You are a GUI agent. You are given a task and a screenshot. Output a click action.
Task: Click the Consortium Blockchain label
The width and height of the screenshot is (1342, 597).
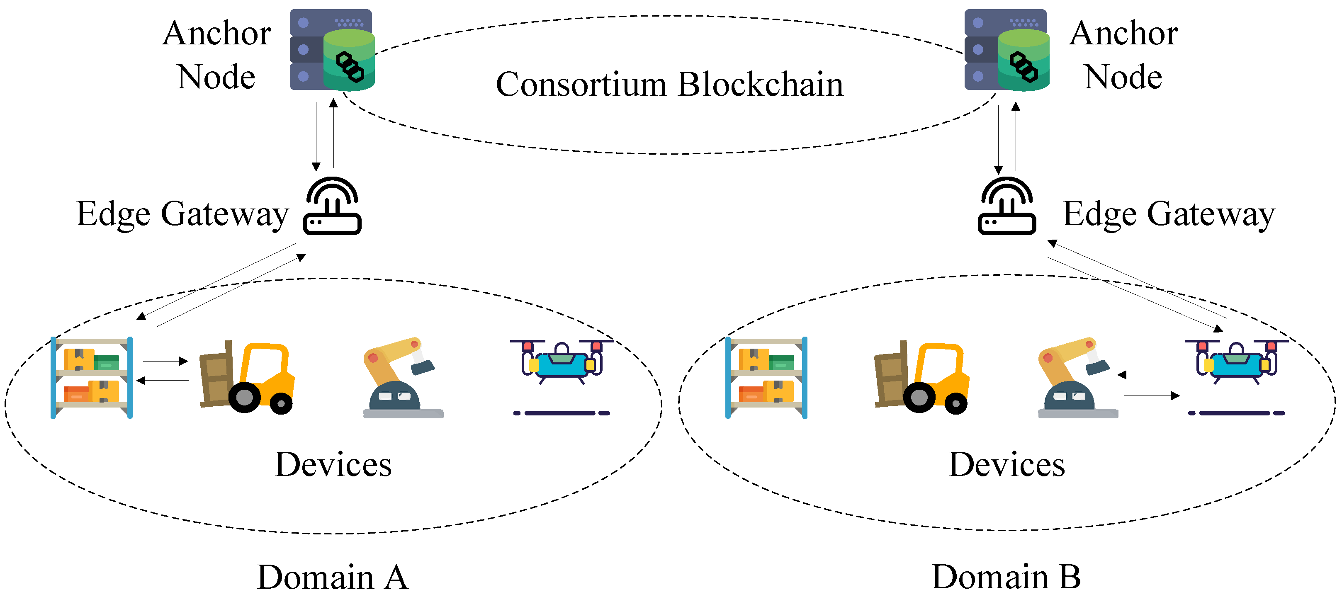[x=669, y=85]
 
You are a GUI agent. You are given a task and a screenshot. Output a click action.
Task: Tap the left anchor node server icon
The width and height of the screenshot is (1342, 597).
[x=332, y=50]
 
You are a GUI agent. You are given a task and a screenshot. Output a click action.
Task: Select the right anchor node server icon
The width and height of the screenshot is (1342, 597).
[x=1006, y=50]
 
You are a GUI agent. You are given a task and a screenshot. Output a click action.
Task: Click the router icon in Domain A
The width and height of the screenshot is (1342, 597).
[x=332, y=207]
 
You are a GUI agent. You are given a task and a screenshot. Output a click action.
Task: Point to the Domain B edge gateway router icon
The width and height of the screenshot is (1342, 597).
[x=1006, y=207]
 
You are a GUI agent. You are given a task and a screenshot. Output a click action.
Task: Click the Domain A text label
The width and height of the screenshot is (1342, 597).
[x=332, y=577]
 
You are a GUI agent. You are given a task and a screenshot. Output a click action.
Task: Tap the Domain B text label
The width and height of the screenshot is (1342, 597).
[x=1006, y=577]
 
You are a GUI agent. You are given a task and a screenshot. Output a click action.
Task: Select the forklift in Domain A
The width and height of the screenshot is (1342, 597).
[x=247, y=377]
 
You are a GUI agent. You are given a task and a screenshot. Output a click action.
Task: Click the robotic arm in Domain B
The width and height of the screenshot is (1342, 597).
[x=1076, y=378]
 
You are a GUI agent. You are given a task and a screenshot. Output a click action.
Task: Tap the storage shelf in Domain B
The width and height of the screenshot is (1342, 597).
[x=766, y=378]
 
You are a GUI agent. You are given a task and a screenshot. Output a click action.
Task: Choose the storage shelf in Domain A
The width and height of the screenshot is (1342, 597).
[x=92, y=378]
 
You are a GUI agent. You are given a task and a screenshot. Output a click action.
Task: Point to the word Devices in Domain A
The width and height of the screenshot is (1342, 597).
[x=333, y=465]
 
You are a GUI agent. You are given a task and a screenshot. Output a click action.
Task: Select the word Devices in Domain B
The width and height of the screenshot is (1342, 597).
[x=1006, y=465]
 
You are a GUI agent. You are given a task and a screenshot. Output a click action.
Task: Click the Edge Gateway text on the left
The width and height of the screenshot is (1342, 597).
[x=182, y=214]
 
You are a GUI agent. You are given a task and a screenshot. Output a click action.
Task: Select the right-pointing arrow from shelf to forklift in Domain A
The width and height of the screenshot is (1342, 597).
[x=165, y=361]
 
